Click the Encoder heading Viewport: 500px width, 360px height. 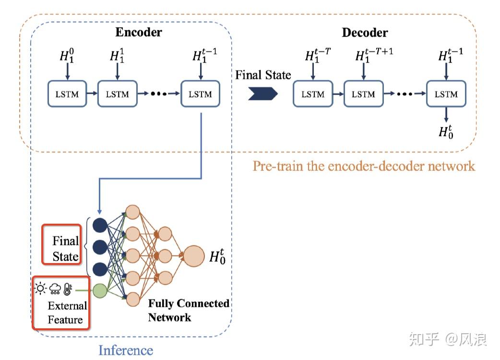coord(139,33)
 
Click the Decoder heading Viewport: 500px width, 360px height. coord(365,33)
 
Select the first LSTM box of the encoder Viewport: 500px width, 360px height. coord(67,94)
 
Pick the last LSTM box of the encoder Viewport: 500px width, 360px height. coord(200,94)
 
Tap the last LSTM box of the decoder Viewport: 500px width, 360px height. coord(446,94)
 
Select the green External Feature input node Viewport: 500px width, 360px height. coord(99,290)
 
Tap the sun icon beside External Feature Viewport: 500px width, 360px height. coord(41,288)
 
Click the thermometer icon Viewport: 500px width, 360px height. coord(68,288)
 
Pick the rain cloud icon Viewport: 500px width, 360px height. coord(55,288)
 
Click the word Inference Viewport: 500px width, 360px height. coord(126,350)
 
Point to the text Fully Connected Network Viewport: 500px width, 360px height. coord(188,310)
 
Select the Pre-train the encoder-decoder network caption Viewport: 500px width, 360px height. coord(364,166)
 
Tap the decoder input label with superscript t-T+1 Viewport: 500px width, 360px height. coord(374,56)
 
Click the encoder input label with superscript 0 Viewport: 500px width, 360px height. coord(67,56)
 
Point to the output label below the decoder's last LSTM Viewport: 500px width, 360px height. coord(446,131)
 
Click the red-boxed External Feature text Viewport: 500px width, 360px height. coord(67,312)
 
